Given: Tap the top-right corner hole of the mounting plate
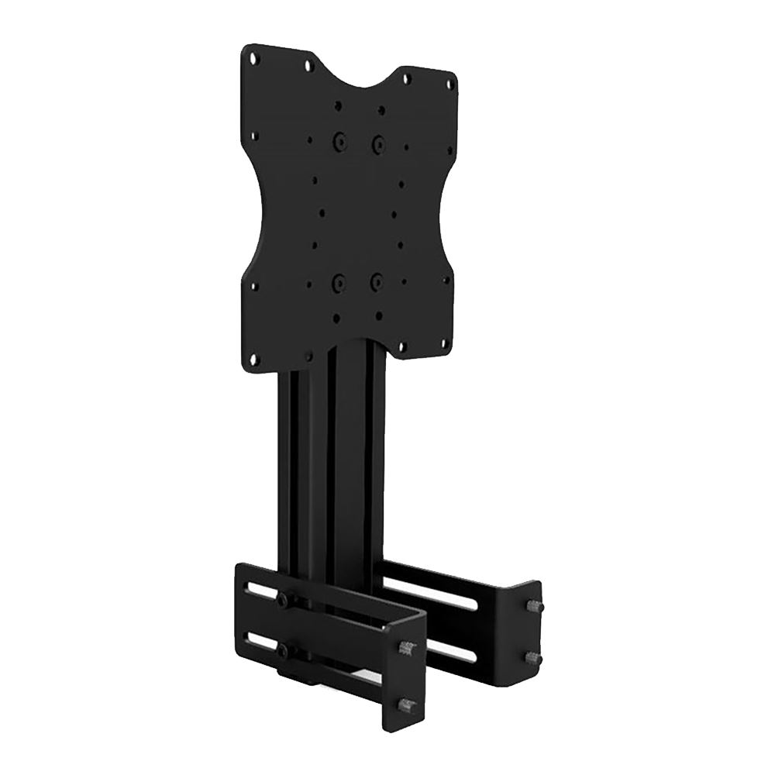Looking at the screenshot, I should coord(447,75).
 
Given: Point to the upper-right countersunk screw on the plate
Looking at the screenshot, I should coord(377,143).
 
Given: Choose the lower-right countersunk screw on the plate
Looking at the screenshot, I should coord(376,281).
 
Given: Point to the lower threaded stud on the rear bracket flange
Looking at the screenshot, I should coord(533,656).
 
